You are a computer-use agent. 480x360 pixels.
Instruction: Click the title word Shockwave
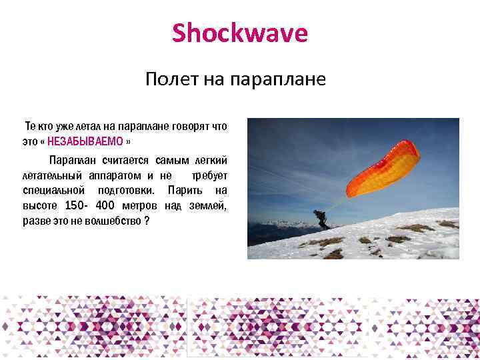(240, 33)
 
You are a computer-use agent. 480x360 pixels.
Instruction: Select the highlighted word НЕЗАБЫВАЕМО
(85, 141)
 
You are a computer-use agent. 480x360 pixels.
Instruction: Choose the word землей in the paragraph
(208, 205)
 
